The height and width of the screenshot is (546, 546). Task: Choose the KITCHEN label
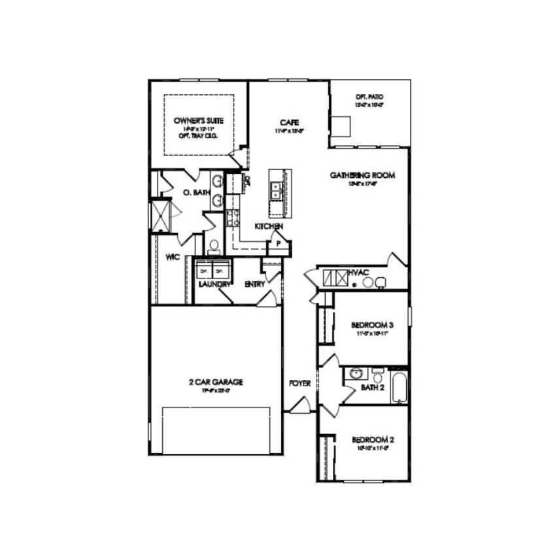tap(269, 226)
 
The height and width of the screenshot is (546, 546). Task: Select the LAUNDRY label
tap(213, 285)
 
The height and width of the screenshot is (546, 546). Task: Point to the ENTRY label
tap(254, 284)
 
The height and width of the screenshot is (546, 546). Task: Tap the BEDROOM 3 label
tap(372, 325)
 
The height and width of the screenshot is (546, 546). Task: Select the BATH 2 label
tap(371, 388)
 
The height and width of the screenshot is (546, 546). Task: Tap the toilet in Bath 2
tap(378, 376)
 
